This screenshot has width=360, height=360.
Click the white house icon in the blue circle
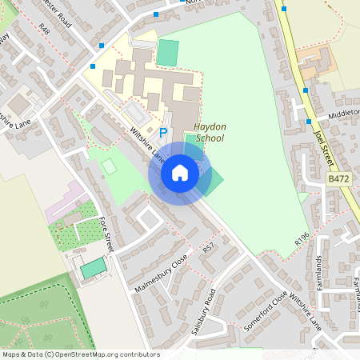click(180, 173)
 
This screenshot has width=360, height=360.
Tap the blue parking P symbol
click(164, 133)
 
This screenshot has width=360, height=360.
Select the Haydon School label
click(210, 132)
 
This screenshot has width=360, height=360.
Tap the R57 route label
click(209, 250)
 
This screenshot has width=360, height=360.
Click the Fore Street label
click(107, 236)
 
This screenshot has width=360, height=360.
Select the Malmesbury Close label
click(161, 272)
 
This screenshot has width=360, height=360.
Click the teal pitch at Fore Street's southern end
click(94, 268)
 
